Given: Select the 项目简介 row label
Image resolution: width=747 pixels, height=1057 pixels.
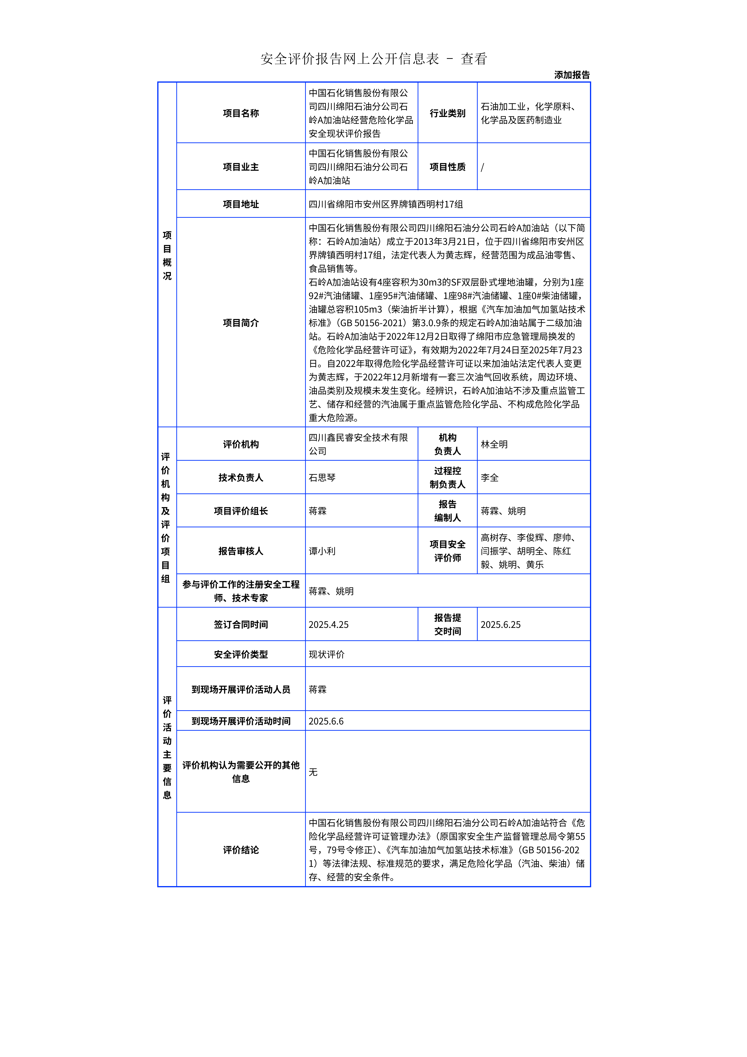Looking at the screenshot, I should pyautogui.click(x=241, y=323).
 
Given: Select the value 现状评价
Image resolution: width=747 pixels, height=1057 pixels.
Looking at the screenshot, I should pyautogui.click(x=326, y=654).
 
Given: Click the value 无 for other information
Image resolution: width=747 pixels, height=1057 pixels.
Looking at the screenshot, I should pyautogui.click(x=313, y=772).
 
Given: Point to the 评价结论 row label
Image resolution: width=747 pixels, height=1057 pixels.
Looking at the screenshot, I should pyautogui.click(x=241, y=850).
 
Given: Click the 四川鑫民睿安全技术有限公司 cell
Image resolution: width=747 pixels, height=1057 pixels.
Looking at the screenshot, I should pyautogui.click(x=358, y=444).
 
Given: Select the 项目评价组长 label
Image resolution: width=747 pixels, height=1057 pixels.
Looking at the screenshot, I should pyautogui.click(x=241, y=511).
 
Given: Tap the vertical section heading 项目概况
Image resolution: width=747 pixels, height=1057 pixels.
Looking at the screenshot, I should pyautogui.click(x=167, y=255).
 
